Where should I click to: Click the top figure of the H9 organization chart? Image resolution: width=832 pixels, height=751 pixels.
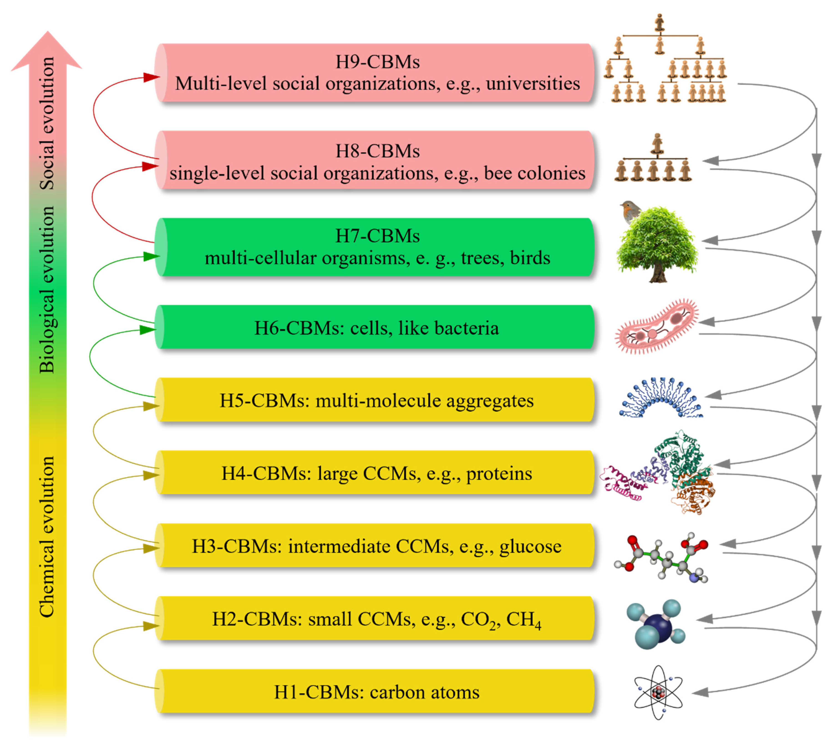(x=660, y=23)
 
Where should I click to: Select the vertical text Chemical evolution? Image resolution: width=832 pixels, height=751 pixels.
(x=47, y=536)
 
